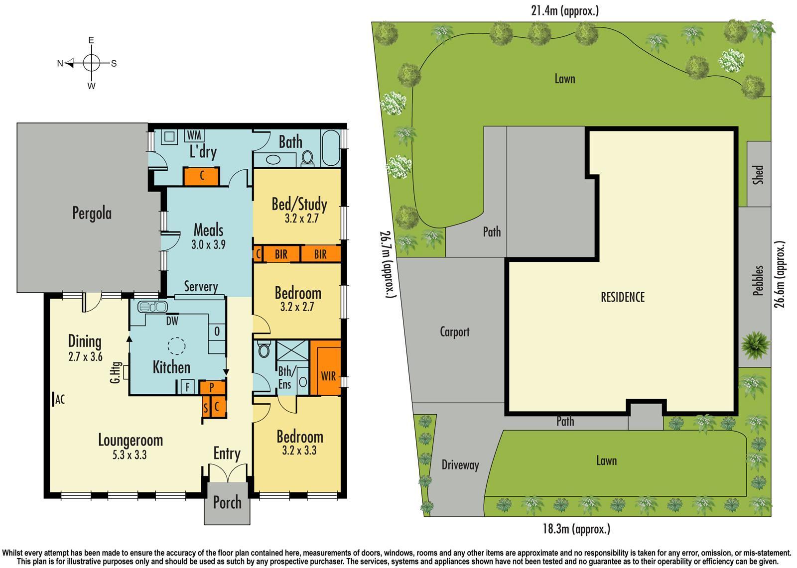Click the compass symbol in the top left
click(x=91, y=63)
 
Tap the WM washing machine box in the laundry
click(x=194, y=135)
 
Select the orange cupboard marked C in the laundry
click(x=201, y=176)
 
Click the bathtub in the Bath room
click(x=331, y=148)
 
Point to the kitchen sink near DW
click(x=152, y=307)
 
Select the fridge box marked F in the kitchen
click(x=188, y=387)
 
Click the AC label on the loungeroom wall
click(x=59, y=399)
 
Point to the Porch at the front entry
click(x=227, y=503)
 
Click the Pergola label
click(x=92, y=213)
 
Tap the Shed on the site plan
click(x=758, y=174)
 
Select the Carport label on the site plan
click(x=454, y=332)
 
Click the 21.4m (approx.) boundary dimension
click(x=564, y=10)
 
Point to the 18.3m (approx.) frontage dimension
click(x=576, y=529)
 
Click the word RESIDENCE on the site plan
click(x=622, y=297)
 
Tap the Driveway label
click(x=460, y=465)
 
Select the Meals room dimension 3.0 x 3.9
click(x=208, y=245)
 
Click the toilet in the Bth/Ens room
click(x=264, y=350)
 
